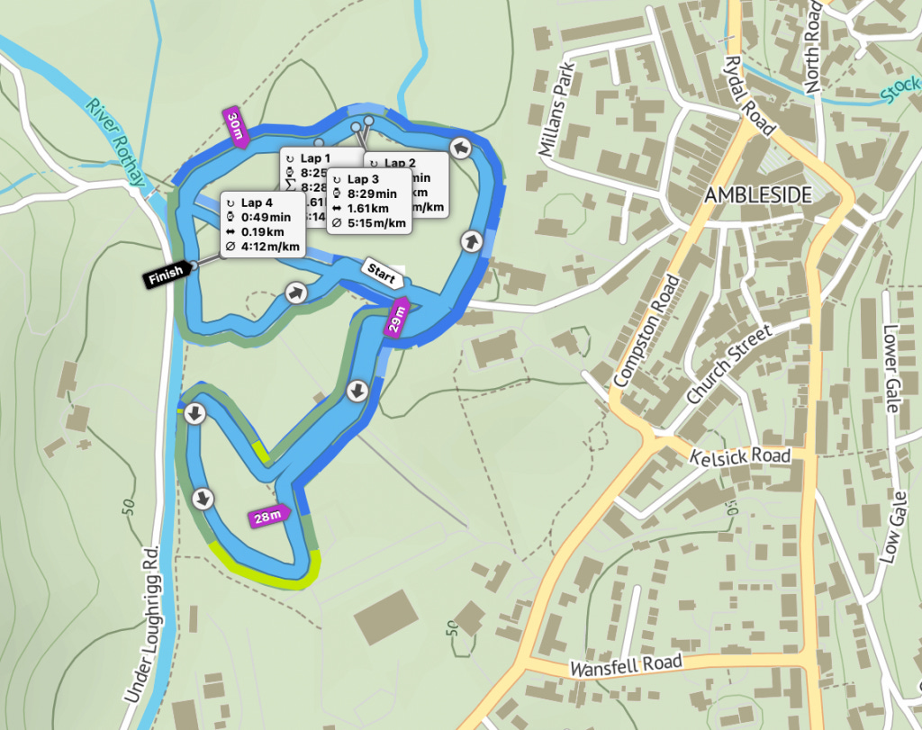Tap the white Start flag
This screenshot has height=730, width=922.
click(x=381, y=274)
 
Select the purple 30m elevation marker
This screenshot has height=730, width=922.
click(x=236, y=129)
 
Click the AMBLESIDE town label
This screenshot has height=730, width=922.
click(x=758, y=195)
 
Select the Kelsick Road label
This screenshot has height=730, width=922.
click(x=739, y=456)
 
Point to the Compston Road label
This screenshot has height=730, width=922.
click(x=646, y=330)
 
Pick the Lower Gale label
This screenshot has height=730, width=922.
click(x=891, y=367)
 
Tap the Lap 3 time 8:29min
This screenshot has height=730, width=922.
click(x=372, y=194)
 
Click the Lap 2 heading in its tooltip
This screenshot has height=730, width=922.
click(x=400, y=163)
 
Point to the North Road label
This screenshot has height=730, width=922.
click(x=814, y=45)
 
